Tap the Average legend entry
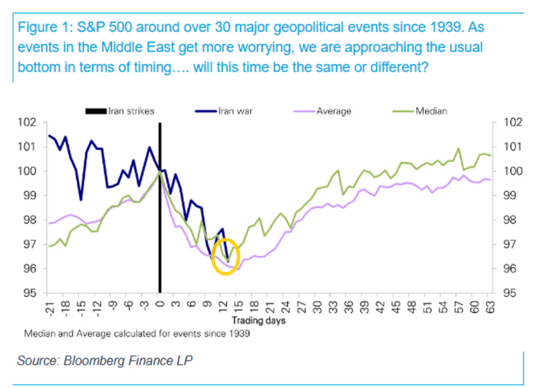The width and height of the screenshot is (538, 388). pyautogui.click(x=334, y=111)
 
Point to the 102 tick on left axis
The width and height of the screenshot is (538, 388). pyautogui.click(x=30, y=122)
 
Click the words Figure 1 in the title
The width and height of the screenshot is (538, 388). pyautogui.click(x=40, y=28)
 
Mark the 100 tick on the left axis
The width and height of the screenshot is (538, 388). pyautogui.click(x=30, y=171)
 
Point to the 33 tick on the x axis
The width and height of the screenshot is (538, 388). pyautogui.click(x=331, y=306)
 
